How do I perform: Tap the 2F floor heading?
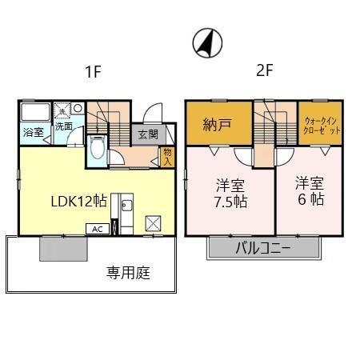265,70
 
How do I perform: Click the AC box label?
97,228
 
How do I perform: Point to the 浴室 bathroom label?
33,130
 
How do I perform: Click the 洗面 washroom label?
63,126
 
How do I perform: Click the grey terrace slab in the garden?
64,250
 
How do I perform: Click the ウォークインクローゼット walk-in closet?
322,125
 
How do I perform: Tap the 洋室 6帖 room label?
309,190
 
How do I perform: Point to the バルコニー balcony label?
262,247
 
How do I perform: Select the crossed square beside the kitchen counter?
153,222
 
